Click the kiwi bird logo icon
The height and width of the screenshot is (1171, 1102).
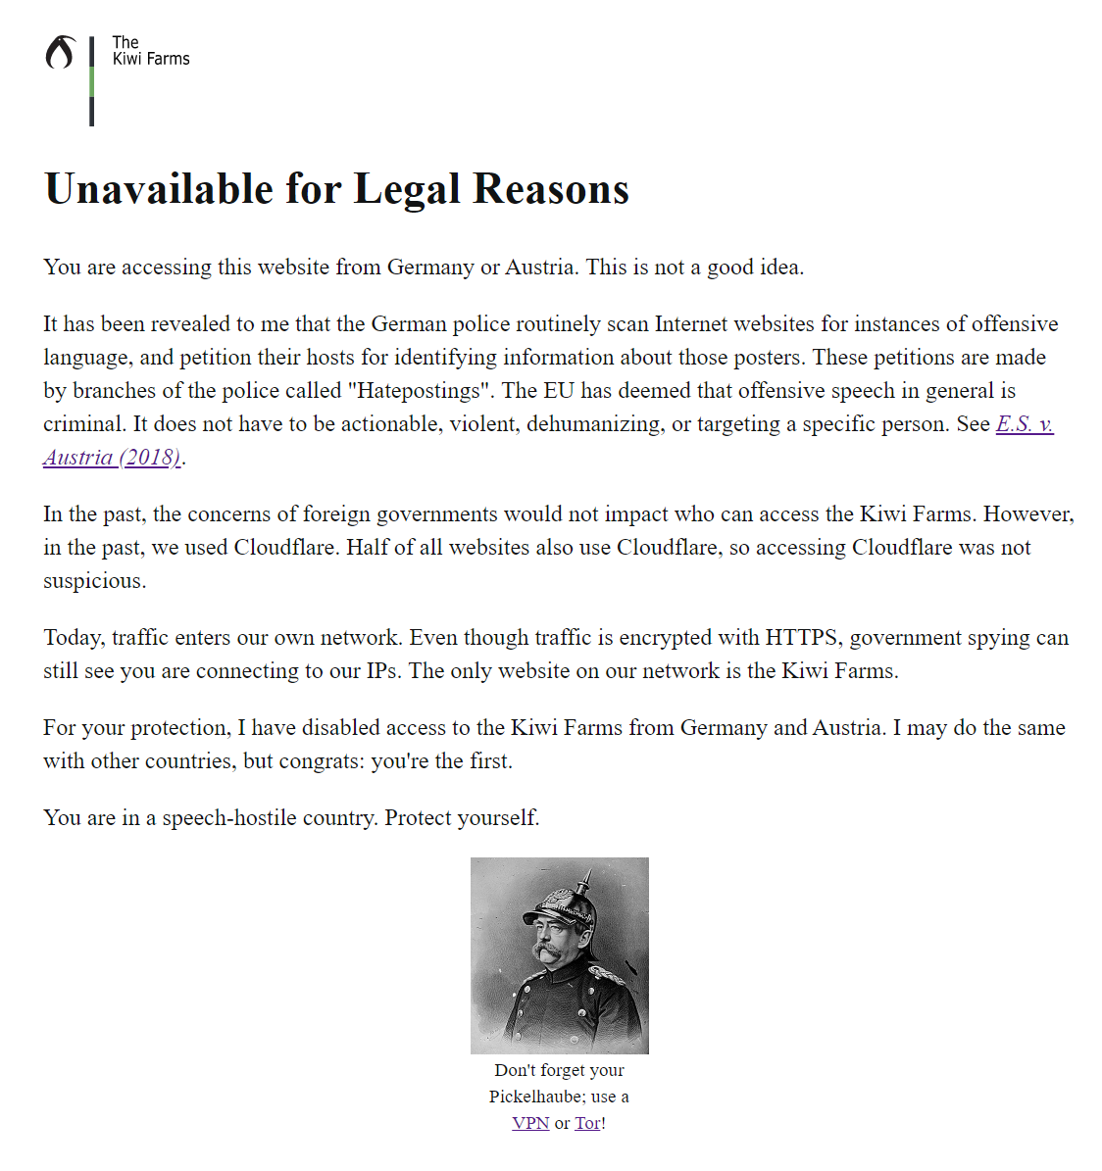[60, 53]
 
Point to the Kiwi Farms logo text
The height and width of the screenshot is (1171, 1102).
[151, 51]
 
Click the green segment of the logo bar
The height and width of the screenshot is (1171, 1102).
[92, 82]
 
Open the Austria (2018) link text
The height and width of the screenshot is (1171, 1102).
[112, 457]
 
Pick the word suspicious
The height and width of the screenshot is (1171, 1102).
[94, 580]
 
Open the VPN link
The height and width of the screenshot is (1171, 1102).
[530, 1123]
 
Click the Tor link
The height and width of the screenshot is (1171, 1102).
[587, 1123]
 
